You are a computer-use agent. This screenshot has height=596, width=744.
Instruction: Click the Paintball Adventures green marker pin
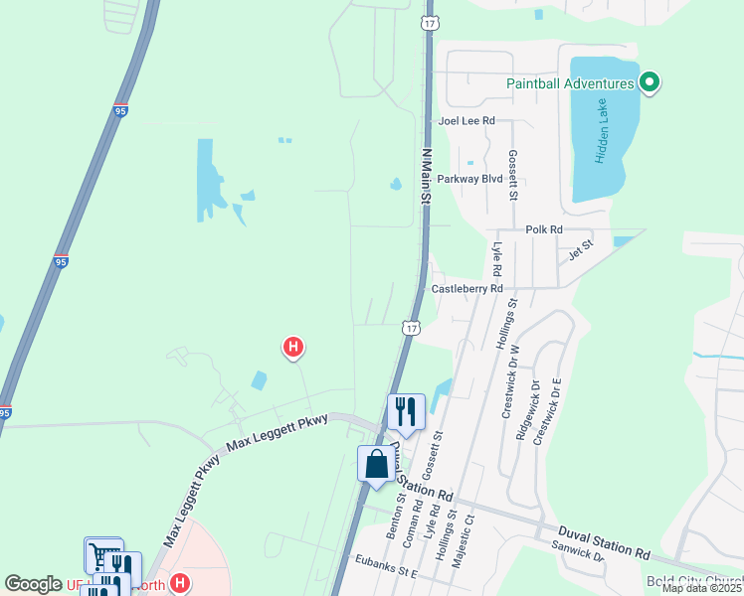[650, 82]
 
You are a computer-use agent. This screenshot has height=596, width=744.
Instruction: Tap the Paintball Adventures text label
[570, 83]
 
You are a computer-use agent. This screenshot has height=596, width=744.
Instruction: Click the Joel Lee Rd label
[467, 120]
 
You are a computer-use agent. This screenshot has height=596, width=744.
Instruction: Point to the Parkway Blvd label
[469, 179]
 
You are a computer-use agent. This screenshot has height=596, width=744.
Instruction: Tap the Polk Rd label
[544, 228]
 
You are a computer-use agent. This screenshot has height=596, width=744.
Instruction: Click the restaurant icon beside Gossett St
[406, 410]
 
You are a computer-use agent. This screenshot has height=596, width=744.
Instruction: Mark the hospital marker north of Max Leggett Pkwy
[293, 347]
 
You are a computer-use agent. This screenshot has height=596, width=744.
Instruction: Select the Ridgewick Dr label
[521, 411]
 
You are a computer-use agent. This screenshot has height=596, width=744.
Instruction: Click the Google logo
[33, 584]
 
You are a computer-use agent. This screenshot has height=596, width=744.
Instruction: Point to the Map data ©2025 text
[701, 588]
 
